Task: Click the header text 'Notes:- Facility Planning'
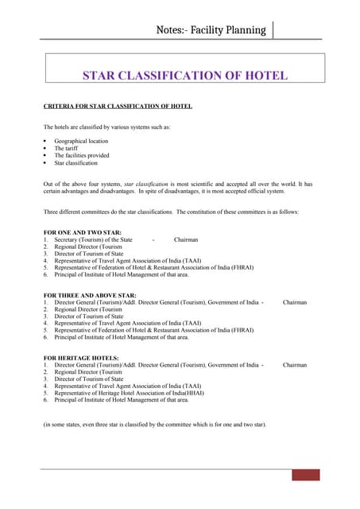211,30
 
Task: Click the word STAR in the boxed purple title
102,76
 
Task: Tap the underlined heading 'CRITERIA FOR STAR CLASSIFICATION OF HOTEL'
117,106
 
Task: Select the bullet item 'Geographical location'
81,141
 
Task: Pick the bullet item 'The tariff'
67,148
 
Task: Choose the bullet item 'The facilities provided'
82,156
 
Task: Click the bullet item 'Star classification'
76,163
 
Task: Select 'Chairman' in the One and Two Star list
186,239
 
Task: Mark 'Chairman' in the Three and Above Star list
295,302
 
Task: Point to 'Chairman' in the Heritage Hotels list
295,365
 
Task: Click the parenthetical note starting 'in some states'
155,425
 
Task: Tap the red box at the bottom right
305,476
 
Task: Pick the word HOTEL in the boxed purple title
261,76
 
